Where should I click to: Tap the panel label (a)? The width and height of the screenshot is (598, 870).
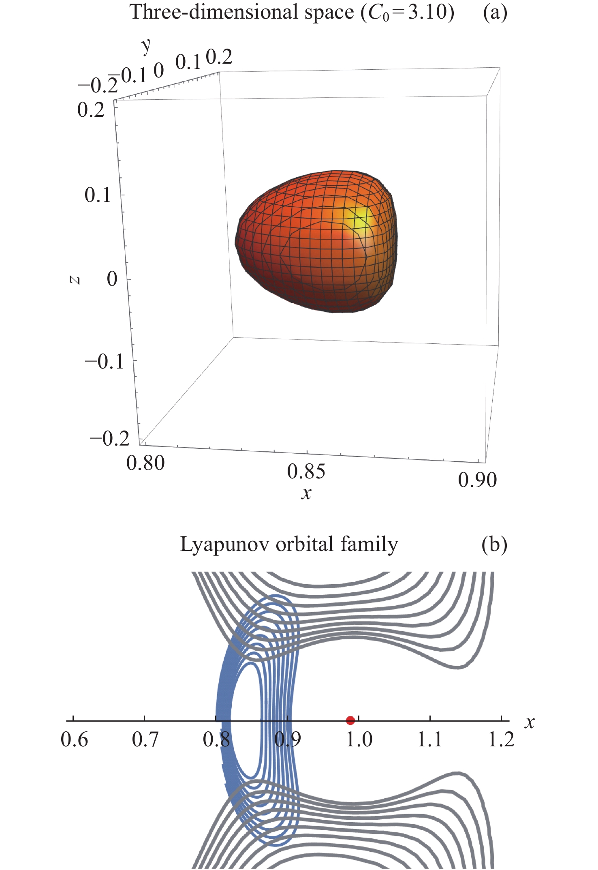click(x=495, y=13)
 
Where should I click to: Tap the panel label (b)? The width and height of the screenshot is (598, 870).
click(x=494, y=544)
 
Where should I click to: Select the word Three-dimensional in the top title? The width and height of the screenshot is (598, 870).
click(x=211, y=13)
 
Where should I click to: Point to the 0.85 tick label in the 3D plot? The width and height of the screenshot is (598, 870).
click(x=306, y=471)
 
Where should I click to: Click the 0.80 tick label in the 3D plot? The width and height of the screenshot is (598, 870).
click(x=145, y=463)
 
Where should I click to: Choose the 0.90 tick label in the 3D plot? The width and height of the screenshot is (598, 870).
click(x=477, y=480)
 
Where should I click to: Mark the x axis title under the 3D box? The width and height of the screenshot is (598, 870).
click(x=306, y=493)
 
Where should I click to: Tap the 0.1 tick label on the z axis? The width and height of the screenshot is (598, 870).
click(x=98, y=195)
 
